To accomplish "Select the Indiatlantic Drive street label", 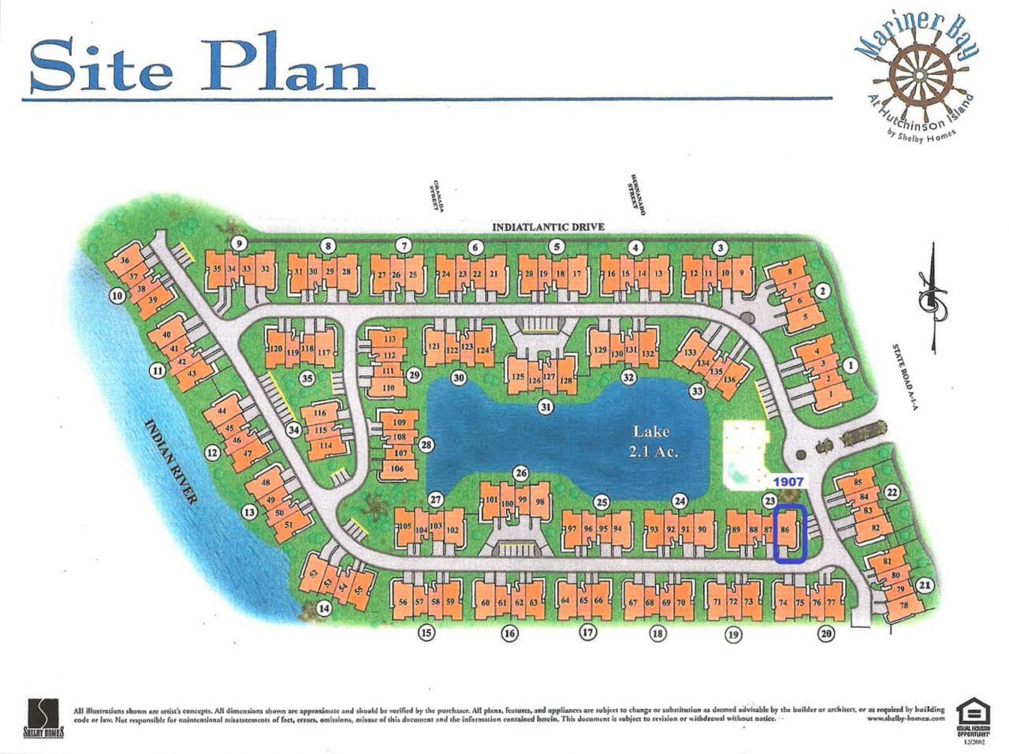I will (x=548, y=227).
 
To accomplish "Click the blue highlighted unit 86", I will (x=789, y=535).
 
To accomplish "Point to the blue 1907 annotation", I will (x=787, y=480).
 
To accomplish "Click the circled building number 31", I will (x=545, y=407).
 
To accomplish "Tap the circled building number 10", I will (x=117, y=297).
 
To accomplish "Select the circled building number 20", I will (x=825, y=633).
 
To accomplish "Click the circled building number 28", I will (x=426, y=446).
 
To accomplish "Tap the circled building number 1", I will (x=850, y=365).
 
